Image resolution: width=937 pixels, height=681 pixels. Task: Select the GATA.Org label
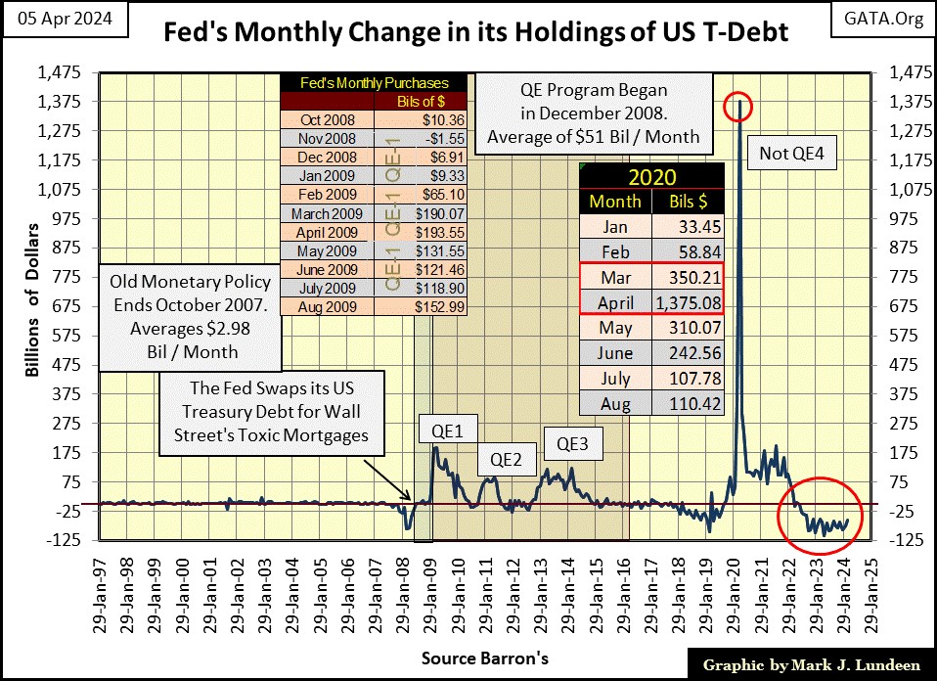click(890, 20)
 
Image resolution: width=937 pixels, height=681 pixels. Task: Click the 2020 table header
click(651, 177)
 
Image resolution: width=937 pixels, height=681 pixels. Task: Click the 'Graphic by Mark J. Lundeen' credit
click(811, 664)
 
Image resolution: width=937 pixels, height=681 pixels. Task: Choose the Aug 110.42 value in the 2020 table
click(689, 403)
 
